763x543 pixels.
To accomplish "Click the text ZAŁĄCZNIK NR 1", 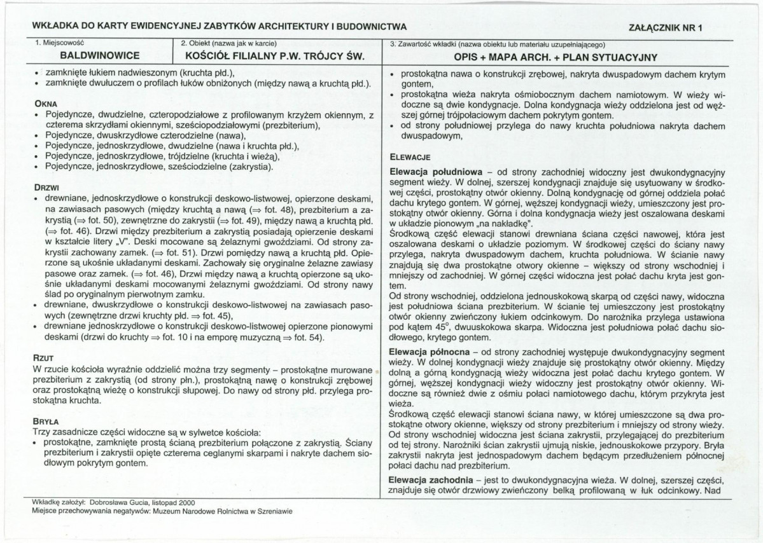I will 665,27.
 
